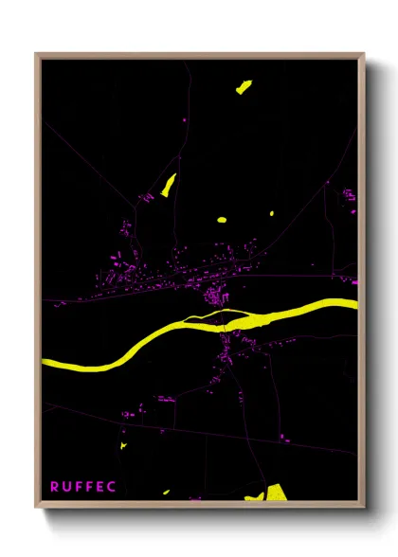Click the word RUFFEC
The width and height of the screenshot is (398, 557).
[82, 487]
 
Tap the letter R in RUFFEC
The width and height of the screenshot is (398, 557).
[55, 487]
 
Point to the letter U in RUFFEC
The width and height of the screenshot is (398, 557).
[66, 487]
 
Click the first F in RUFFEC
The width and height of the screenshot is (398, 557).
[78, 487]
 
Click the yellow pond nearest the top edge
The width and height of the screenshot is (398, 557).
[244, 88]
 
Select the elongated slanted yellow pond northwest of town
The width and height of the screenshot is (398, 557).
[169, 185]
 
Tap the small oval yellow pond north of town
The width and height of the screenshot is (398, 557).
[222, 220]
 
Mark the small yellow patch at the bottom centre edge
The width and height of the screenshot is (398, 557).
[165, 493]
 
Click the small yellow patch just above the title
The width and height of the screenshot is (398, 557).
[122, 444]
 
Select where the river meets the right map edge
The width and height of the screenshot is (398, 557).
[356, 304]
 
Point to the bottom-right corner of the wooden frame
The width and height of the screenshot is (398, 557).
[364, 506]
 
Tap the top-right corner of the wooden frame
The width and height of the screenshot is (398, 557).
[364, 55]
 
